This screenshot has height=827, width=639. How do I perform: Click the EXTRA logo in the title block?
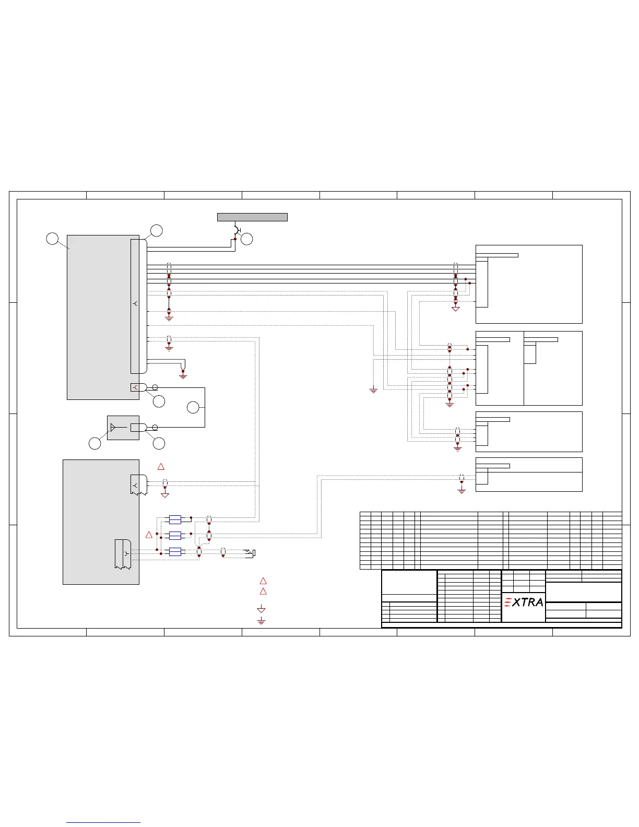click(x=524, y=602)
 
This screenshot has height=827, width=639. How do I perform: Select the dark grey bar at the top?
click(x=252, y=217)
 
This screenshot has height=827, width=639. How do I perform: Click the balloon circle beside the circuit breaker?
click(x=247, y=239)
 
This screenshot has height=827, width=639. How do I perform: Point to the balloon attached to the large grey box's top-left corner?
click(x=52, y=239)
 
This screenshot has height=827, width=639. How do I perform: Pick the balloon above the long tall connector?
click(x=156, y=230)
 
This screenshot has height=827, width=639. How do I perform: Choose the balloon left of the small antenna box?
click(x=94, y=443)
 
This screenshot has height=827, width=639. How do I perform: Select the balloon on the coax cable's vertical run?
click(x=193, y=408)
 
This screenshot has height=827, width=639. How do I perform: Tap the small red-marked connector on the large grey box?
click(x=135, y=387)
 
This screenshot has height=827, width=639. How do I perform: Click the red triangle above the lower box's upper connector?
click(x=161, y=466)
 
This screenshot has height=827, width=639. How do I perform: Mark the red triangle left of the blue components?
click(x=149, y=535)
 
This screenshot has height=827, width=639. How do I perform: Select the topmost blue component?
click(x=175, y=519)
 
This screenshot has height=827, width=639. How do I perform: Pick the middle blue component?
click(x=175, y=535)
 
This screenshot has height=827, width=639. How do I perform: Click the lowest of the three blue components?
click(x=175, y=552)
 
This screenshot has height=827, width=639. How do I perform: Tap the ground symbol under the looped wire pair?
click(x=183, y=374)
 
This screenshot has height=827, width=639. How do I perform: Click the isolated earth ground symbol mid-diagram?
click(x=373, y=389)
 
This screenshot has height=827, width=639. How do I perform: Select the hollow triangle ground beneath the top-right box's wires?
click(x=456, y=309)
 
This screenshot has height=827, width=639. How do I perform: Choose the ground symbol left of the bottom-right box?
click(x=462, y=490)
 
